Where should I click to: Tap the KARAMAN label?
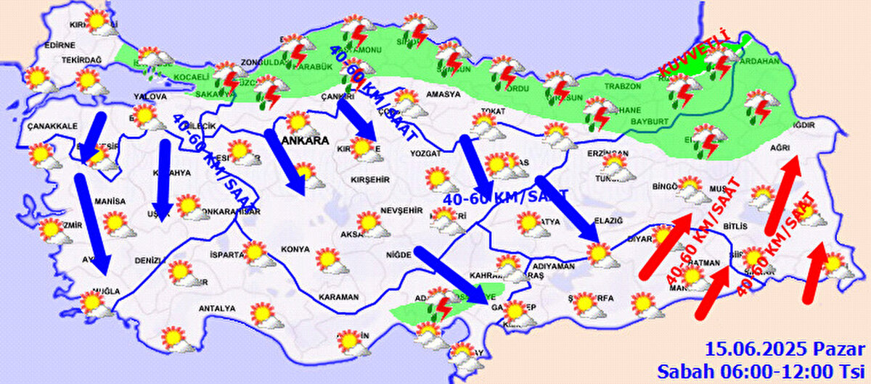(x=338, y=297)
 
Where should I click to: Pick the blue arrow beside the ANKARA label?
(x=285, y=163)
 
